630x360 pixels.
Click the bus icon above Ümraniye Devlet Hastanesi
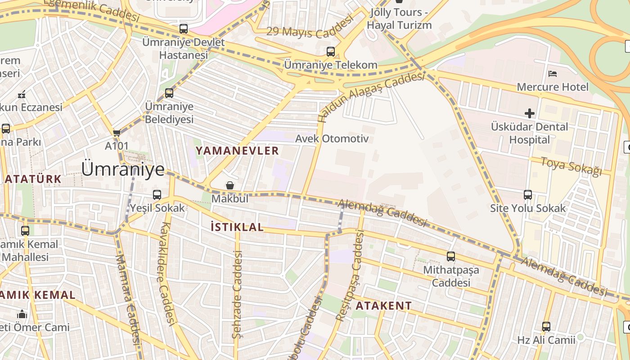pos(184,29)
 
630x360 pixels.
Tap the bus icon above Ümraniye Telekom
pos(331,51)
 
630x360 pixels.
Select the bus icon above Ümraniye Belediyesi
pos(169,93)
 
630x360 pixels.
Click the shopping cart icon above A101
pos(117,133)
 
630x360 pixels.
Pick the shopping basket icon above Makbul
pos(230,185)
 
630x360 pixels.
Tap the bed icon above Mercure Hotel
pos(553,73)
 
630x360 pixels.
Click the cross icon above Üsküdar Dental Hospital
pos(530,113)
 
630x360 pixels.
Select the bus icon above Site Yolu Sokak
pos(528,195)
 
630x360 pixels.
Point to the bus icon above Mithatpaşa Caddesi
pos(451,256)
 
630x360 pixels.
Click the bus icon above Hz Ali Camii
pos(546,327)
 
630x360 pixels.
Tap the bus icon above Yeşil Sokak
pos(157,195)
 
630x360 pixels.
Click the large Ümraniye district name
pos(123,169)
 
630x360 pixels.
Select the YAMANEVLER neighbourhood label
pos(237,151)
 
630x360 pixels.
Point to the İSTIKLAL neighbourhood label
pos(237,227)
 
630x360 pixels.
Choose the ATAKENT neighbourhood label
pos(383,306)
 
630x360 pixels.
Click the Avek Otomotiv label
pos(332,139)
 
